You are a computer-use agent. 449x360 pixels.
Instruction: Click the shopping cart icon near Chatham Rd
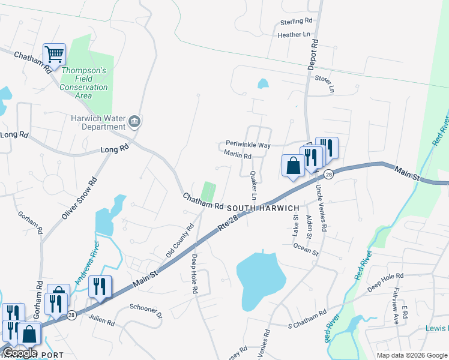point(54,55)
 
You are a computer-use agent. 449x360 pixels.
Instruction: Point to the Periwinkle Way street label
point(249,145)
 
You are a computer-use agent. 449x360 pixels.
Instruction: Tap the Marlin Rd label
point(237,155)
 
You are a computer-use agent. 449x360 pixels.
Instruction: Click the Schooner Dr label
point(146,311)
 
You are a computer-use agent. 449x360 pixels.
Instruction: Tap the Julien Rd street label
point(101,321)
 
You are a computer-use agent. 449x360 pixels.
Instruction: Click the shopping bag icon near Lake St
point(293,165)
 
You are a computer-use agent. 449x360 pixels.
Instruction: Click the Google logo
point(20,353)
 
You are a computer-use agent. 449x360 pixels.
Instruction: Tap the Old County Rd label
point(180,241)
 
